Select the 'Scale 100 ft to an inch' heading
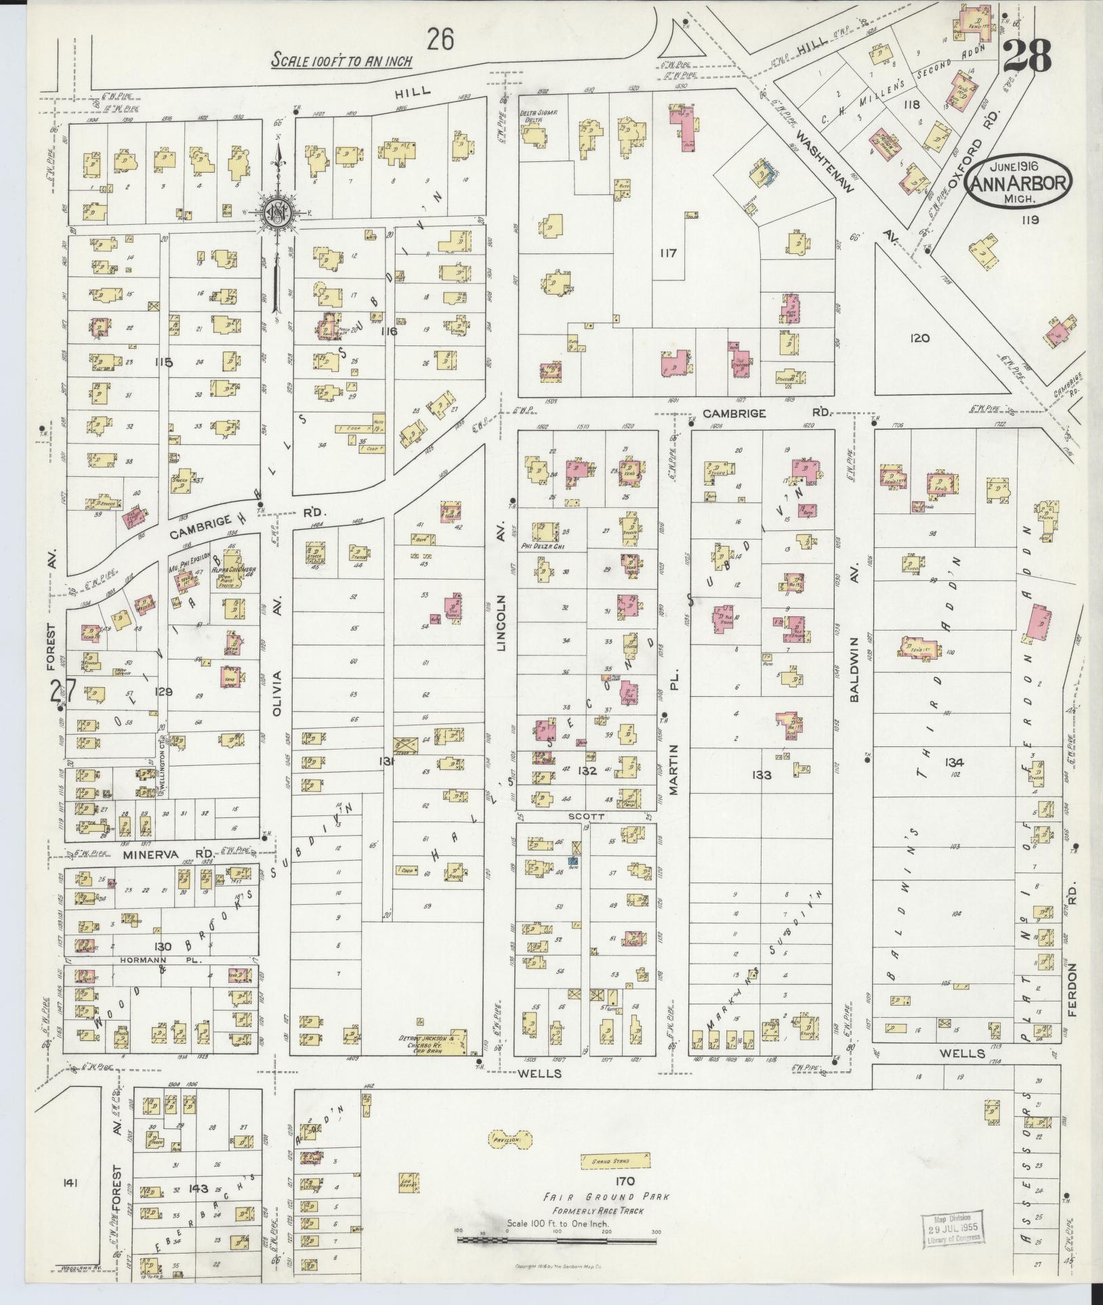[341, 60]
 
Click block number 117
[667, 253]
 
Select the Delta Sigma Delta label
[538, 116]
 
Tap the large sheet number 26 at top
[440, 40]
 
